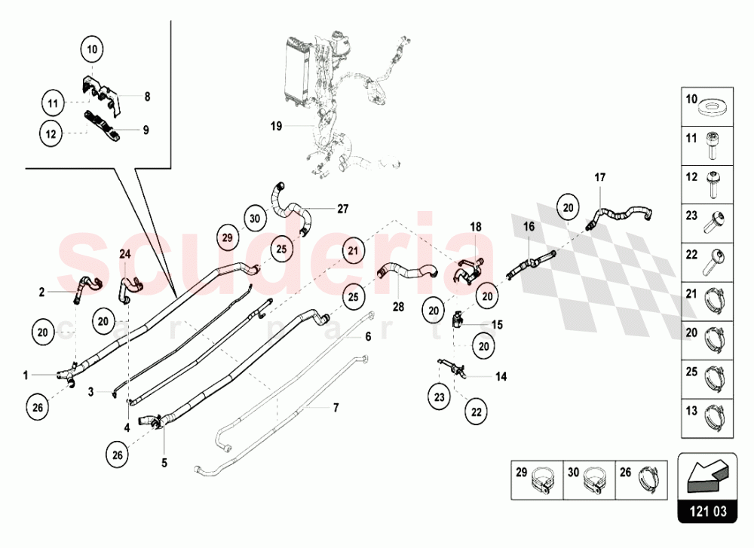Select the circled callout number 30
pos(255,218)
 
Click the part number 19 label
pos(276,126)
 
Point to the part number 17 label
pos(599,178)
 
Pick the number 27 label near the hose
pos(343,209)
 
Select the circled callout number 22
pos(476,412)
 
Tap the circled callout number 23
pos(440,395)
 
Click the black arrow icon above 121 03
pos(707,476)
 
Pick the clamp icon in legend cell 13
pos(713,414)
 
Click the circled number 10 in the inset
pos(93,51)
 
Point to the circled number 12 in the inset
pos(51,133)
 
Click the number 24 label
pos(125,254)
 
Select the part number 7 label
pos(336,407)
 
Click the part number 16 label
pos(529,226)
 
